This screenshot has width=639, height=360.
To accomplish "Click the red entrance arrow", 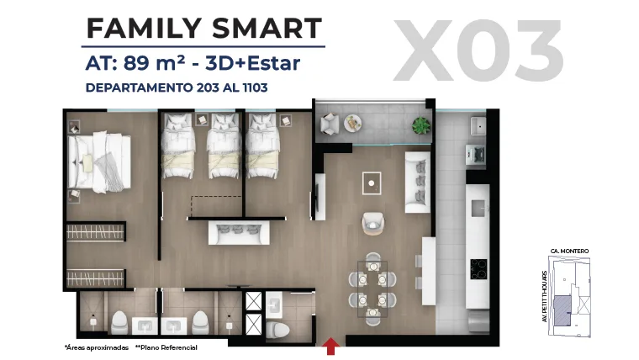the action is [x=331, y=347].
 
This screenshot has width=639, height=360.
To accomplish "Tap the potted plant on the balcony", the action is [x=420, y=125].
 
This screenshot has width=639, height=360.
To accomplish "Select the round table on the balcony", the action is [x=352, y=123].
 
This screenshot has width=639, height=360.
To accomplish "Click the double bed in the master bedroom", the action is [x=99, y=161].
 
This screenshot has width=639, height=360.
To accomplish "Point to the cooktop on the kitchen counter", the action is [x=478, y=269].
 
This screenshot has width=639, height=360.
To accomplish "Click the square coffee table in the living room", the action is [x=372, y=183].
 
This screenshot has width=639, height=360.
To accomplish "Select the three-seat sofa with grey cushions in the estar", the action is [x=239, y=233].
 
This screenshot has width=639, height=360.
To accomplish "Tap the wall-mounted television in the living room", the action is [x=315, y=197].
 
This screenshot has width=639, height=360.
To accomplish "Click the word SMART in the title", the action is [x=267, y=28].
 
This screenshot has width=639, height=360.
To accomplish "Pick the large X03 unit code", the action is [x=478, y=50].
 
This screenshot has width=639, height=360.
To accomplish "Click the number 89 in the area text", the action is [x=136, y=63].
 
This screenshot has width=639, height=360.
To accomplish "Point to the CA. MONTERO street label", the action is [x=569, y=251].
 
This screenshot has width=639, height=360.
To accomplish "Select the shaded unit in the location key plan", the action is [x=562, y=310].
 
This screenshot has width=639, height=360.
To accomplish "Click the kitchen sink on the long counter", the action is [x=478, y=209].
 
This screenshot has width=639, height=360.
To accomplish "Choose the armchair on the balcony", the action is [x=330, y=124].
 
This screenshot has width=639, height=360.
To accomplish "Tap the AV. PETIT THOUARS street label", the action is [x=545, y=296].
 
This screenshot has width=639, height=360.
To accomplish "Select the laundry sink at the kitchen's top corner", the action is [x=478, y=126].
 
